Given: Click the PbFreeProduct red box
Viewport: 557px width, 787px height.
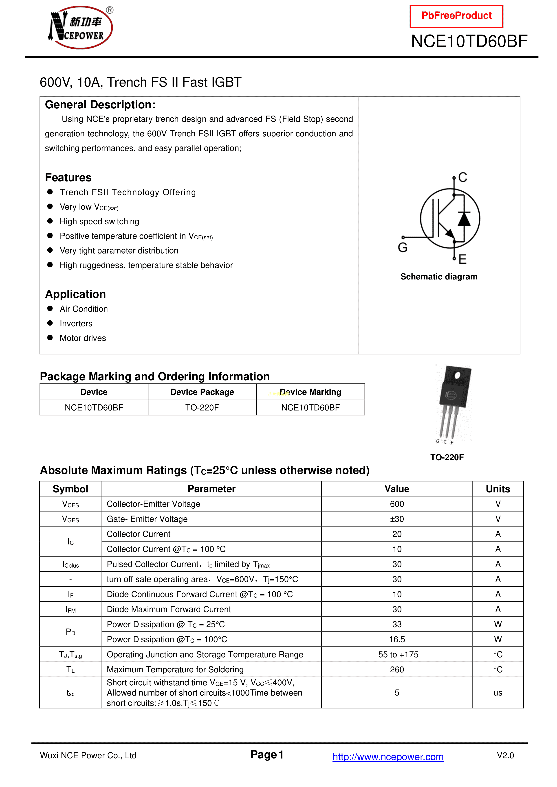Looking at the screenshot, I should [x=456, y=16].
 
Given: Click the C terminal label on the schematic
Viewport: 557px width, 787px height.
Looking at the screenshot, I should [x=463, y=177].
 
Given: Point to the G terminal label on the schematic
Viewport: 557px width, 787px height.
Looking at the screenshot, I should [x=403, y=247].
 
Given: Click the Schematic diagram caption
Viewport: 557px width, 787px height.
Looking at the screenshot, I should [x=439, y=277].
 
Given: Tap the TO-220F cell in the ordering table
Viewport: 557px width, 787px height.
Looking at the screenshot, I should [x=202, y=408].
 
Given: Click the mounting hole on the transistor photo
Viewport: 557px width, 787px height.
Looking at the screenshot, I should [x=457, y=376].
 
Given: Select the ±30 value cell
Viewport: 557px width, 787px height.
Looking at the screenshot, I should [x=397, y=519].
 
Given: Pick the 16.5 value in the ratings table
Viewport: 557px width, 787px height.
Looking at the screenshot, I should [x=397, y=639].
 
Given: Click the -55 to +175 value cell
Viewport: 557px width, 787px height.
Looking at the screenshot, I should [x=397, y=654].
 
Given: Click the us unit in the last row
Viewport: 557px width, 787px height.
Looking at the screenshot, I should [x=498, y=693].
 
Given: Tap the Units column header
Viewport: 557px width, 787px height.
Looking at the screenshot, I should [x=498, y=489].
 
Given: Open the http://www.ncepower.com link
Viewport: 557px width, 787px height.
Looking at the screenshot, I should [x=388, y=756].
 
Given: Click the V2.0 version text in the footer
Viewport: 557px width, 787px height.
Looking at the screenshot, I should [x=505, y=755].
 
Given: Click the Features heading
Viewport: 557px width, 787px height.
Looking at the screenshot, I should [x=68, y=177].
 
